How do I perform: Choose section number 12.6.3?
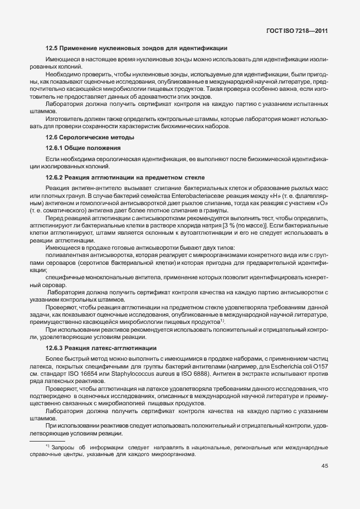click(54, 348)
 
